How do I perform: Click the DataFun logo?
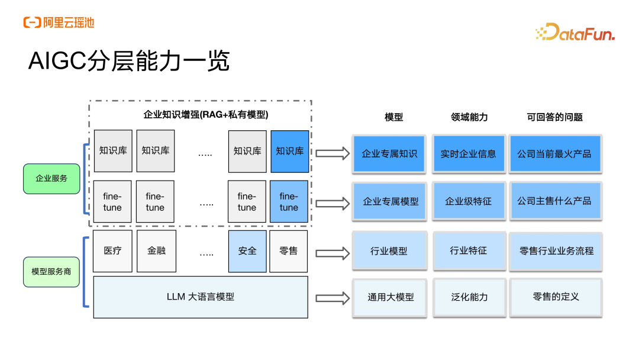pos(575,33)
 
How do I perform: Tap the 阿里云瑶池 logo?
pos(59,23)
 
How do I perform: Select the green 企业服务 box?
pos(51,178)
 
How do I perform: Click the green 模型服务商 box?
pos(51,271)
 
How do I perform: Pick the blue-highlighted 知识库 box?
pos(289,152)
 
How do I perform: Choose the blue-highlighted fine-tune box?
pos(289,202)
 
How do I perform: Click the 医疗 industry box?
pos(112,251)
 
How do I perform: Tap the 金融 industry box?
pos(156,251)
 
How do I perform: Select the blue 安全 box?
pos(247,251)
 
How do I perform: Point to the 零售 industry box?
pos(289,251)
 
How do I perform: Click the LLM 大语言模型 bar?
pos(201,297)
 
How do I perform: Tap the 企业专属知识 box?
pos(389,154)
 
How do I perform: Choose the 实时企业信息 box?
pos(468,154)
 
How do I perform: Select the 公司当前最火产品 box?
pos(554,154)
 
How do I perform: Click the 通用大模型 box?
pos(390,298)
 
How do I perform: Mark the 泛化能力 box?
pos(469,297)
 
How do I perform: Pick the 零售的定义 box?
pos(556,297)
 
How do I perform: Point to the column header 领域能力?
pos(469,117)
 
